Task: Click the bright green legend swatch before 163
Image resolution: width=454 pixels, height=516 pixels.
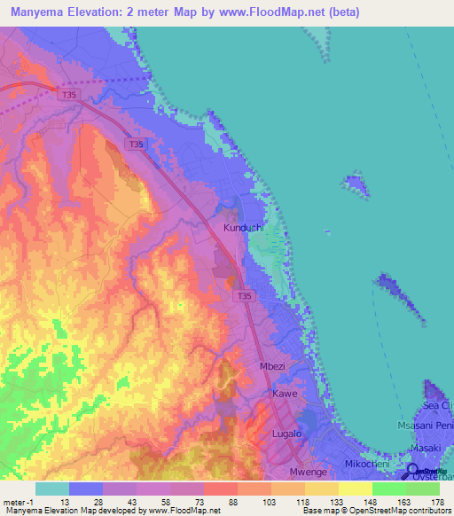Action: pos(389,489)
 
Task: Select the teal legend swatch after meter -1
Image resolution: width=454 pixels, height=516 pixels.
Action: pos(52,489)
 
